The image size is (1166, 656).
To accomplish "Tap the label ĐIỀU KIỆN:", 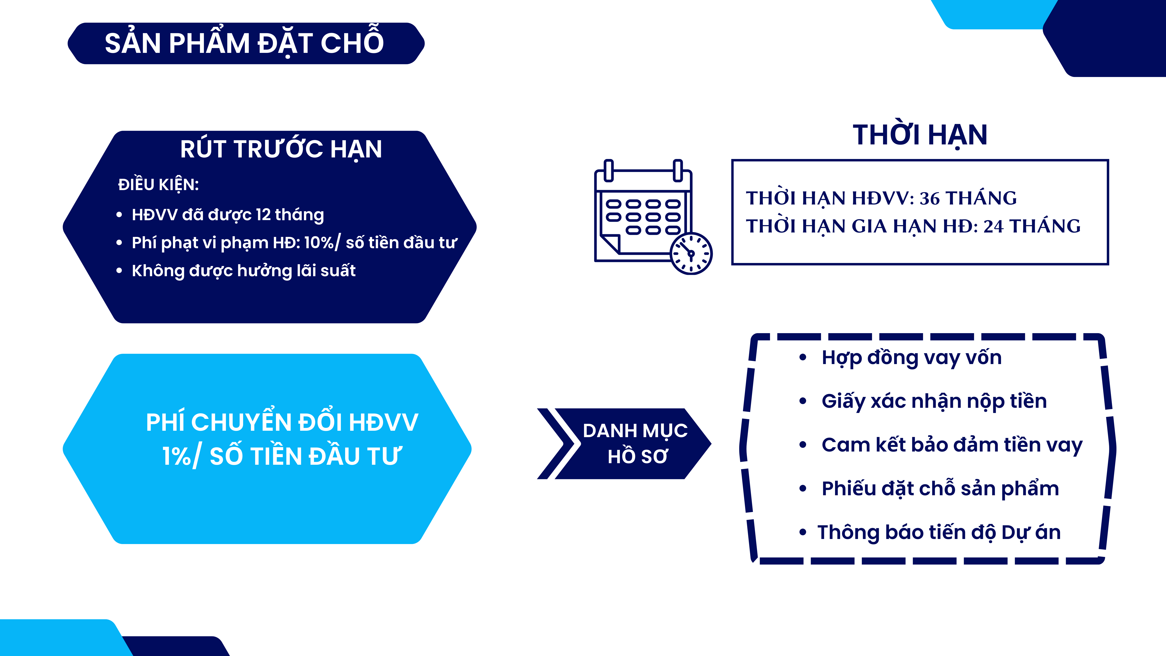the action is (158, 184).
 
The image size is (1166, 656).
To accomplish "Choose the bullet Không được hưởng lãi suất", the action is (243, 271).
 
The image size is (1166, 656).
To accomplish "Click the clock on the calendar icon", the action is (691, 253).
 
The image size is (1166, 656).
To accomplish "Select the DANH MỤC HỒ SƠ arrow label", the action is (635, 443).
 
